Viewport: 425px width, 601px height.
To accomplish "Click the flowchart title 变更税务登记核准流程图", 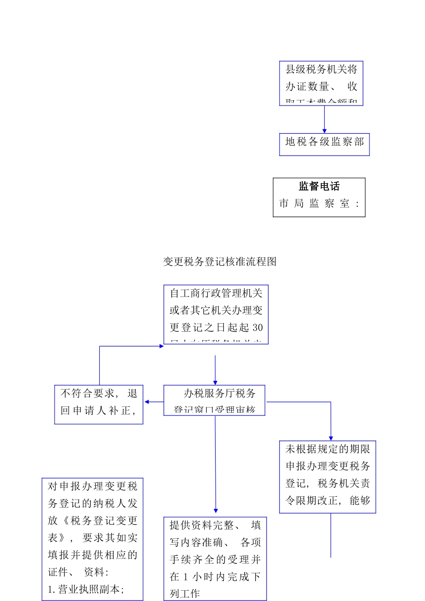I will [x=220, y=262].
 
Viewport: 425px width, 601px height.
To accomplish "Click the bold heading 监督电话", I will [x=319, y=186].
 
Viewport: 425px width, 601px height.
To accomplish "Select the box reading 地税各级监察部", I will [x=324, y=144].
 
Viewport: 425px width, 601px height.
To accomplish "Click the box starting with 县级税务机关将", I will [x=321, y=83].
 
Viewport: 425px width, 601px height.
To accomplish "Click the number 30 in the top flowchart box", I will [x=258, y=328].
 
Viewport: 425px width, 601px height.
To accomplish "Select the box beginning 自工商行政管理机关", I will [x=216, y=314].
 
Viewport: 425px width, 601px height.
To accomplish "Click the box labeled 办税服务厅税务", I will [x=214, y=400].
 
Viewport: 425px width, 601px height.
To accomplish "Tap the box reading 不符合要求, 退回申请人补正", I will [x=98, y=404].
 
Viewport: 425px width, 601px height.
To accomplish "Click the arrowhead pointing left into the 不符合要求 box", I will [x=147, y=402].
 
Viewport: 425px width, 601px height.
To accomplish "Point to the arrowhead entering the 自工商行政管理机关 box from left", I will [x=161, y=346].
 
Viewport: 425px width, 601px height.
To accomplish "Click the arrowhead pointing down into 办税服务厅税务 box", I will [x=215, y=382].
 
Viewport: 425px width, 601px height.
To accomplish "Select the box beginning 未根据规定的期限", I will [x=327, y=477].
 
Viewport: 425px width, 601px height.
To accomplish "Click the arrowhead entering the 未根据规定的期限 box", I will [x=331, y=438].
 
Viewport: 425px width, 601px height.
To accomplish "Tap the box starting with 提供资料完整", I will [x=215, y=559].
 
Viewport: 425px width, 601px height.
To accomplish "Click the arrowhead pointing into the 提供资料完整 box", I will [x=216, y=511].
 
